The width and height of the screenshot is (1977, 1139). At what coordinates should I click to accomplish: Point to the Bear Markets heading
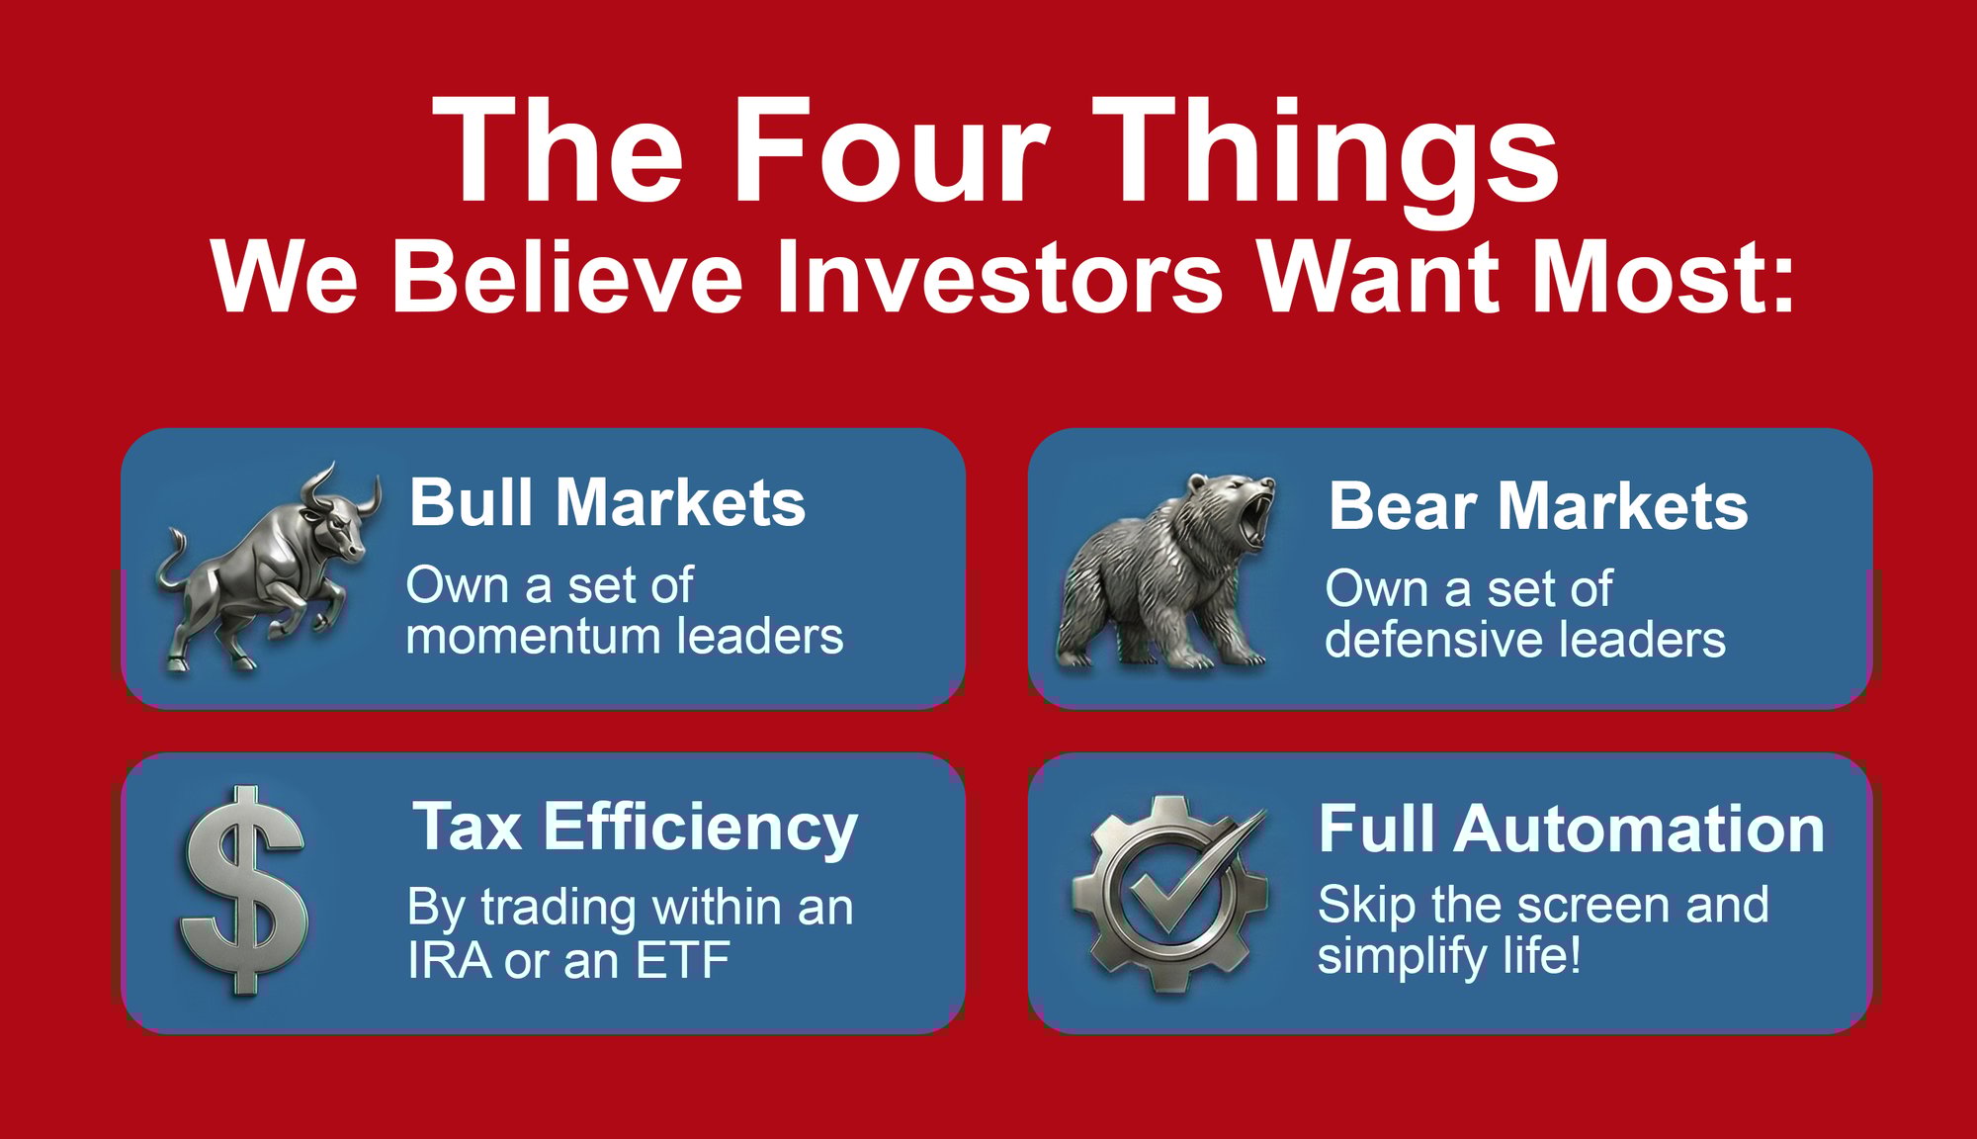1537,506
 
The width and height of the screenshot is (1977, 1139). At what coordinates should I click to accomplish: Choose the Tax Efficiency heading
635,827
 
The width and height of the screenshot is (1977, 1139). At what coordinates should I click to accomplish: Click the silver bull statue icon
267,569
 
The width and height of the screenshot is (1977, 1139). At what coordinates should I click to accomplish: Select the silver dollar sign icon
243,890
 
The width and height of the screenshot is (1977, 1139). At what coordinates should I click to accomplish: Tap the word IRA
449,960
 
